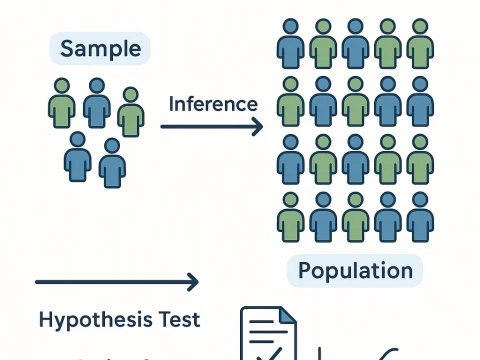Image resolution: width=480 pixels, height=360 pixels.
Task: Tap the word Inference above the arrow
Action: (213, 104)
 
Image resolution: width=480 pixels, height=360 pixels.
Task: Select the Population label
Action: (355, 271)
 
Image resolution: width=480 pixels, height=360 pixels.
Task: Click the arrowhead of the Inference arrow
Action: (259, 126)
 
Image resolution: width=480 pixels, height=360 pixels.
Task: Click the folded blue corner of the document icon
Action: (288, 314)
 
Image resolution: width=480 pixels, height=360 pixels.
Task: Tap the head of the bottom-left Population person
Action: (290, 198)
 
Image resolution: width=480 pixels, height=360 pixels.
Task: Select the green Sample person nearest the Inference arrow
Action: (130, 112)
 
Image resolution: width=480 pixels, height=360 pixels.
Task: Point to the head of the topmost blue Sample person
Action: (96, 86)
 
